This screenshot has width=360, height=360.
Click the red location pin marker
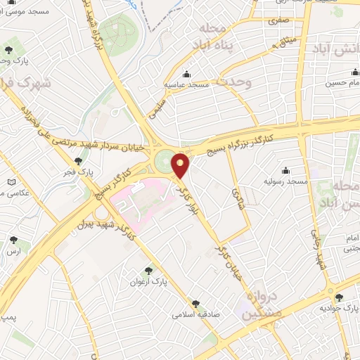181,166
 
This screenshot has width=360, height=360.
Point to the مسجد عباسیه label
188,85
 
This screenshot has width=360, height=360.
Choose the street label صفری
276,22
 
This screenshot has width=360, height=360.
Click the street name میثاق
287,44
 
